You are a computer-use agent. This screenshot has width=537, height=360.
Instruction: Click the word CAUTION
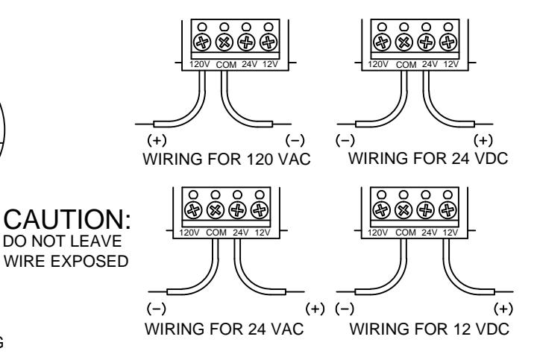pyautogui.click(x=64, y=219)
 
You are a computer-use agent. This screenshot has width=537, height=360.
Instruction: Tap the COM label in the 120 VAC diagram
pyautogui.click(x=226, y=65)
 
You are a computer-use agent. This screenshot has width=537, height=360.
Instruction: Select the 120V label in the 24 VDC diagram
pyautogui.click(x=378, y=64)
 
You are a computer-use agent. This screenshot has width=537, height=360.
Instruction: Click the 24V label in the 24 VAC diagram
pyautogui.click(x=241, y=233)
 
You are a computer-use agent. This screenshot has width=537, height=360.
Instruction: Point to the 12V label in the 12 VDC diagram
pyautogui.click(x=450, y=233)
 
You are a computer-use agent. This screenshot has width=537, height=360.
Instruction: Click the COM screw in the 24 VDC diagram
pyautogui.click(x=404, y=42)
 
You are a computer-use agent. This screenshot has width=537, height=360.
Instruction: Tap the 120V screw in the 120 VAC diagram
pyautogui.click(x=202, y=42)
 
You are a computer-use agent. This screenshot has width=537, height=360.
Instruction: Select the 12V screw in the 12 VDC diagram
pyautogui.click(x=447, y=210)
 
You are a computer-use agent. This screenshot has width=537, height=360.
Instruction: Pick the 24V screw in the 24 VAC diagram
pyautogui.click(x=237, y=210)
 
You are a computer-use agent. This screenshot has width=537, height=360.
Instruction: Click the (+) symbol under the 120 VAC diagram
pyautogui.click(x=157, y=140)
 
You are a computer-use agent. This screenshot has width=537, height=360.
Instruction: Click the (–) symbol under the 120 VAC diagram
pyautogui.click(x=295, y=140)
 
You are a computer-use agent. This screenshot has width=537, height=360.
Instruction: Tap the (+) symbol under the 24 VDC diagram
pyautogui.click(x=483, y=140)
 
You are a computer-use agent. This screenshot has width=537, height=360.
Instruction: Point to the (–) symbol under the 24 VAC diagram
pyautogui.click(x=157, y=309)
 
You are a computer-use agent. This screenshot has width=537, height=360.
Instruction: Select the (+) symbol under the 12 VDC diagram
pyautogui.click(x=503, y=309)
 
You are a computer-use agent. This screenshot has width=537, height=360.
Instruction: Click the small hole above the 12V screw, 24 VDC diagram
pyautogui.click(x=448, y=27)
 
